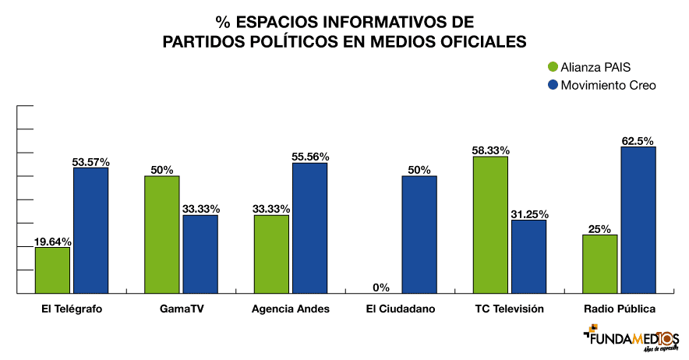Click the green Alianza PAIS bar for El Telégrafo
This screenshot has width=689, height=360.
(x=52, y=270)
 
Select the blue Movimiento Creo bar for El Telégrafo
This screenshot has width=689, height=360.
(x=90, y=231)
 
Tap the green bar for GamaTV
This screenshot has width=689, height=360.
(x=162, y=235)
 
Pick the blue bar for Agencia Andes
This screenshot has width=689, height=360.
(x=309, y=228)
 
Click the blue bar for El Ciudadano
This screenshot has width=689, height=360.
(x=419, y=235)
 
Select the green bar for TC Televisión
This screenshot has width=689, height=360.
(x=490, y=225)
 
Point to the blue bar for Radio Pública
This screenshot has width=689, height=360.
(x=638, y=221)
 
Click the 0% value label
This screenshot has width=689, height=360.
(x=381, y=287)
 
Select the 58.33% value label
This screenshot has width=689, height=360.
(x=490, y=150)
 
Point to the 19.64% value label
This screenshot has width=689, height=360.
(x=52, y=241)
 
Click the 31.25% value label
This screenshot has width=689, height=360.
(x=528, y=214)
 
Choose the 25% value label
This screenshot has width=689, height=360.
(x=600, y=228)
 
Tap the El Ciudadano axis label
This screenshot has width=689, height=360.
(x=401, y=309)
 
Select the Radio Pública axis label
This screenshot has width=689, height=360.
(x=620, y=309)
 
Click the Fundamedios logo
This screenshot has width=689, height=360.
(x=631, y=340)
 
